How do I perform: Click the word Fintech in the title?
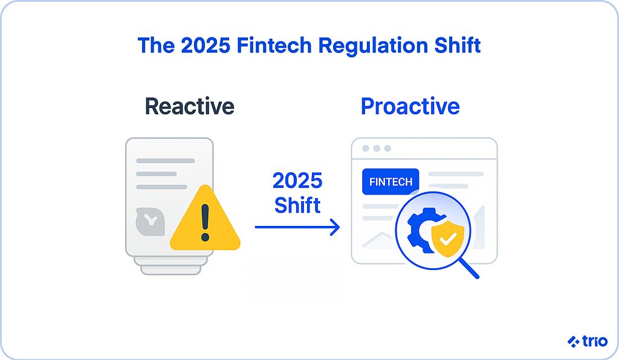[274, 45]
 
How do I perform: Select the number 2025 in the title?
[206, 45]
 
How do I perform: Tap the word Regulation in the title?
[372, 46]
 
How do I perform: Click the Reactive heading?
[189, 106]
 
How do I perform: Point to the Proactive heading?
[410, 106]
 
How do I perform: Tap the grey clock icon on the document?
[150, 222]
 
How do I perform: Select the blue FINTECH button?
[391, 182]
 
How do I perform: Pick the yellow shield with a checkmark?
[448, 239]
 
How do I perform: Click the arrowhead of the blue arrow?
[335, 227]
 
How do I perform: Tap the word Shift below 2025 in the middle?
[297, 205]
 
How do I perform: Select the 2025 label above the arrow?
[297, 181]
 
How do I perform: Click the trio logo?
[587, 341]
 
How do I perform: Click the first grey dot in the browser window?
[366, 148]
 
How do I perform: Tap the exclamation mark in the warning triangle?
[205, 222]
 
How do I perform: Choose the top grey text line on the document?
[166, 161]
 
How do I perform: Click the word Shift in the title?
[458, 45]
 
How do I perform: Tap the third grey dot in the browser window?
[387, 148]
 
